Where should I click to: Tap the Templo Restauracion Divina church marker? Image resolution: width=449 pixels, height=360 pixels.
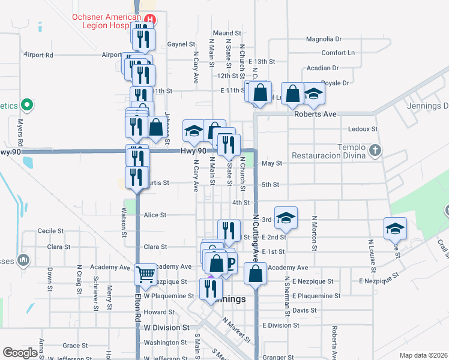tap(375, 150)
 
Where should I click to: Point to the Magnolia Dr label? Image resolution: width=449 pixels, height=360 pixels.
tap(324, 40)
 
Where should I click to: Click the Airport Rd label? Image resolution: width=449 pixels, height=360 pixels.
tap(38, 55)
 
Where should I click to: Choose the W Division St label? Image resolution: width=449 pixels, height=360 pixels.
tap(167, 328)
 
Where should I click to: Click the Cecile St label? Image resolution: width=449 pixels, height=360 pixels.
tap(50, 231)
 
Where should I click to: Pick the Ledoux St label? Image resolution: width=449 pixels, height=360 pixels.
tap(363, 129)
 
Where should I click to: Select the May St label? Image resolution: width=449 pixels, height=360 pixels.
tap(272, 163)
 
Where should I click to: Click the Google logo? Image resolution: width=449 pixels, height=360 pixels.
tap(20, 353)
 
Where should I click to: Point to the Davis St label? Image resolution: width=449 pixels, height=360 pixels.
tap(304, 310)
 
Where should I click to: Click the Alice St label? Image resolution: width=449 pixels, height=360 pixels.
tap(155, 215)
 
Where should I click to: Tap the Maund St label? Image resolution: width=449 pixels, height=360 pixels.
tap(226, 33)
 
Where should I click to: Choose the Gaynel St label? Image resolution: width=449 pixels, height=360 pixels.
tap(181, 44)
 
